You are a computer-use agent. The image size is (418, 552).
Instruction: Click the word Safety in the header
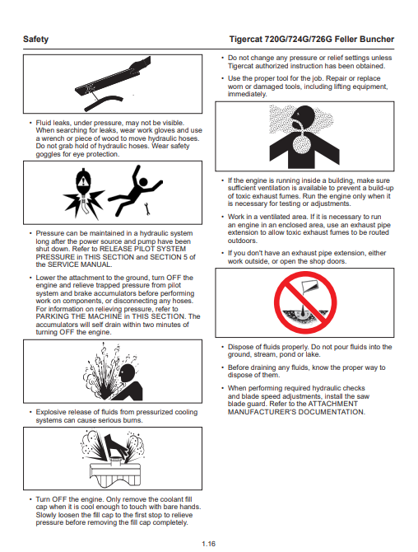36,39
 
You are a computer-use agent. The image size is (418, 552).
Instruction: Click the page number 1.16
208,544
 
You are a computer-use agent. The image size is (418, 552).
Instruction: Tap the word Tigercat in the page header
245,39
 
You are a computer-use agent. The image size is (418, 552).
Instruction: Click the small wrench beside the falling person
147,208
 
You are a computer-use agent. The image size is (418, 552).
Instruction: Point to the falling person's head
143,182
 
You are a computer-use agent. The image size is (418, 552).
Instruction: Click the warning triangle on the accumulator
83,182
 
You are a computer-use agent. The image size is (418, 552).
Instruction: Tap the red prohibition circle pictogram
305,302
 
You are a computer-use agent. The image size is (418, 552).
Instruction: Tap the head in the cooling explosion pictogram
128,373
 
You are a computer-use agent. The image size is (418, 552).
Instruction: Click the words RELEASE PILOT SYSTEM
142,249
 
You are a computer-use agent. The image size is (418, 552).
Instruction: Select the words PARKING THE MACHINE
78,316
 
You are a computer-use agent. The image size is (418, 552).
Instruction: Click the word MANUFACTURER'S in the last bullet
264,412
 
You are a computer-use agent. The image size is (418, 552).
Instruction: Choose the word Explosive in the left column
50,412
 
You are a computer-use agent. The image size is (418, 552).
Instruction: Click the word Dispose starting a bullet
240,347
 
